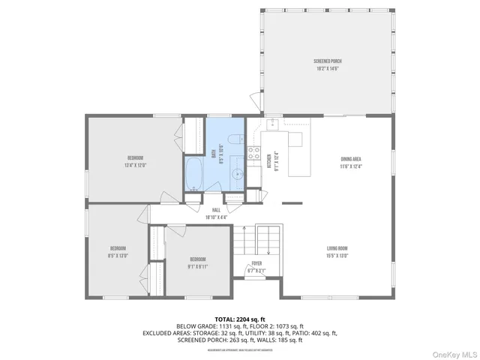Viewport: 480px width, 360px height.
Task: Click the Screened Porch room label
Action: pos(328,61)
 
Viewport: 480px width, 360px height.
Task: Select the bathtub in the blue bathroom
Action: pos(194,175)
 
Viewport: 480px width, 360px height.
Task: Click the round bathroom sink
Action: pos(237,175)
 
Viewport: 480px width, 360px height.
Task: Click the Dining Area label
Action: pos(351,159)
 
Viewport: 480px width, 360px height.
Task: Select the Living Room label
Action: pos(337,248)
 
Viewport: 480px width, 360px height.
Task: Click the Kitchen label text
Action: pos(270,160)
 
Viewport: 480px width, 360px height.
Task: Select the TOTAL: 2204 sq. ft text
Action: pos(239,319)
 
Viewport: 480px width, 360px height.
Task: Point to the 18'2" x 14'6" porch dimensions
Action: pos(328,68)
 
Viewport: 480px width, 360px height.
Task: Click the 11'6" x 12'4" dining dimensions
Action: pos(351,166)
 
